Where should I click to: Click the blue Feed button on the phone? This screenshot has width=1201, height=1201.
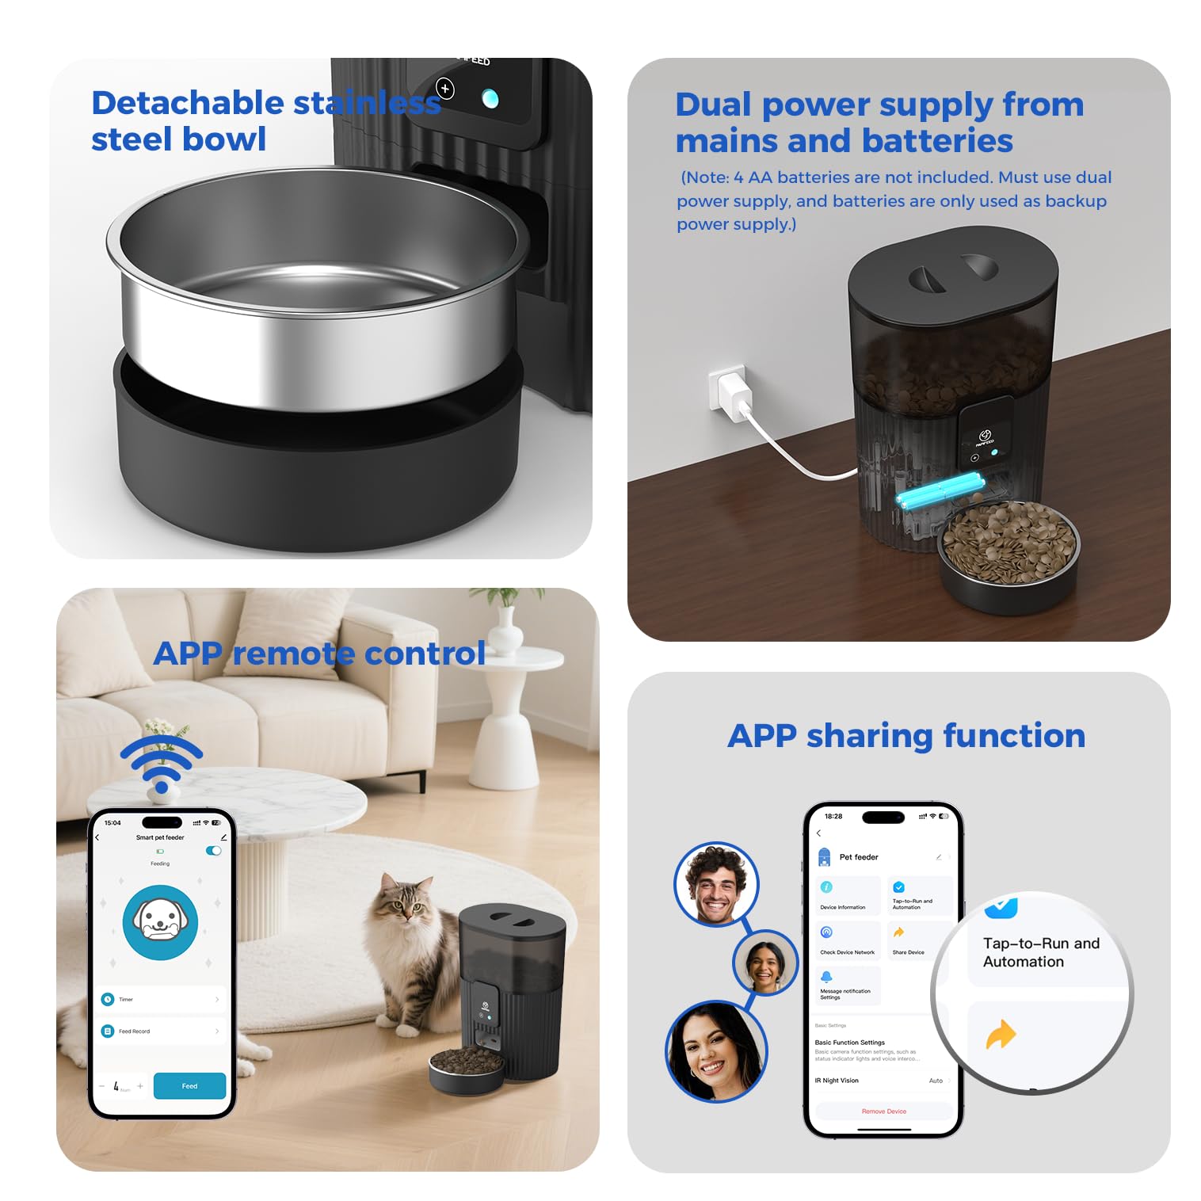(x=189, y=1085)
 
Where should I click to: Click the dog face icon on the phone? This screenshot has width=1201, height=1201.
(x=160, y=922)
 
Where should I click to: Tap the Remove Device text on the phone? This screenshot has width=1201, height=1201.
(x=883, y=1111)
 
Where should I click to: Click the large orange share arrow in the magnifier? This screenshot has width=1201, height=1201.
(x=1001, y=1035)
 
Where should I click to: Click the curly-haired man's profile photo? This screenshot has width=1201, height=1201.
(x=716, y=884)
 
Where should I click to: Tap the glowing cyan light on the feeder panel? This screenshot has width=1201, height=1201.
(x=490, y=99)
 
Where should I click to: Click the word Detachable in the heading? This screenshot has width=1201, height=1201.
(x=187, y=103)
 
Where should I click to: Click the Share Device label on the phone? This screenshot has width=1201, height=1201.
(x=908, y=952)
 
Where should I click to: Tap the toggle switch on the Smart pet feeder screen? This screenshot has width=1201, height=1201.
(x=213, y=851)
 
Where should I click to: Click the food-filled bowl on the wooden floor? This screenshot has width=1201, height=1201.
(x=1008, y=546)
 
